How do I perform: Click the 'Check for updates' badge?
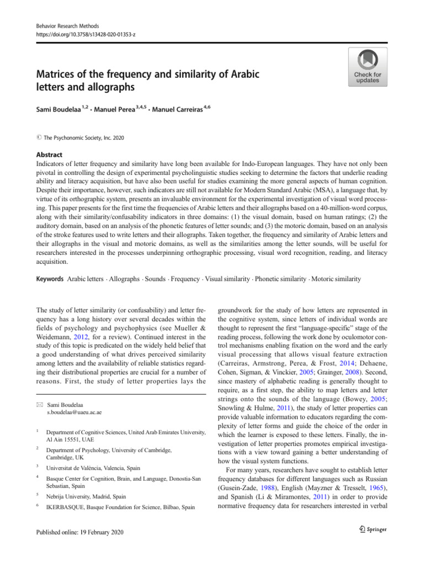coord(367,67)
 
